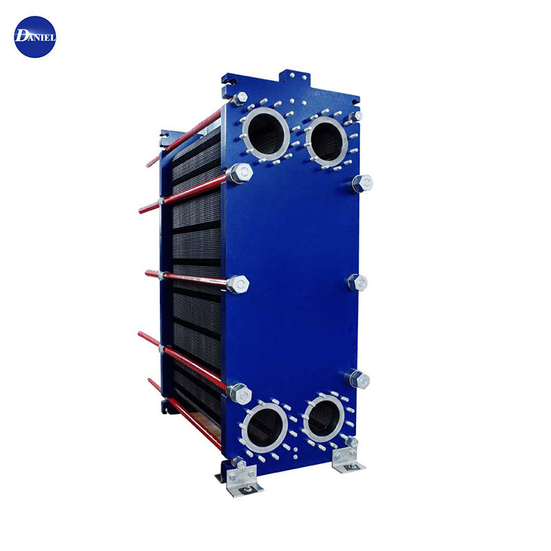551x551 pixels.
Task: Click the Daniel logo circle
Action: click(x=35, y=37)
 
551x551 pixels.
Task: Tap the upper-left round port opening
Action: click(x=266, y=134)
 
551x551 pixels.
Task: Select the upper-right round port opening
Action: click(x=326, y=141)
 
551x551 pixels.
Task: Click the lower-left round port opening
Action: click(x=264, y=428)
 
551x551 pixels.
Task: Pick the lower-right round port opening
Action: click(x=324, y=417)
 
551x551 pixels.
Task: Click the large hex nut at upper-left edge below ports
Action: click(x=240, y=174)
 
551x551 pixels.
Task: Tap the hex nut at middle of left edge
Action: click(x=238, y=284)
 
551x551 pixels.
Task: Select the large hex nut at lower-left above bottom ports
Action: click(x=240, y=393)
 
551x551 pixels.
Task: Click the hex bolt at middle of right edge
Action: click(x=358, y=282)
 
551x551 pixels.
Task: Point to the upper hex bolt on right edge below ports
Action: click(x=362, y=183)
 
